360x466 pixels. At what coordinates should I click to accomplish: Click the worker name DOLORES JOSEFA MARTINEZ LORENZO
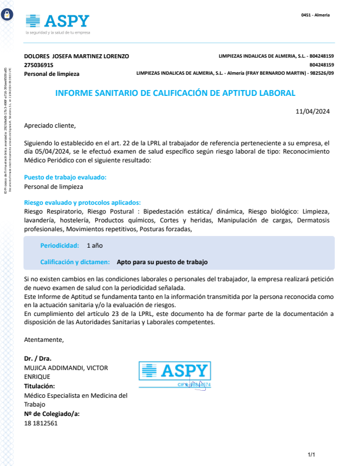tap(76, 56)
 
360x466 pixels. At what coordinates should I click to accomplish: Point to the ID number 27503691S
tap(39, 65)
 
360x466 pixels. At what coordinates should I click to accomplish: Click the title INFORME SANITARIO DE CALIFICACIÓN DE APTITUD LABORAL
tap(175, 93)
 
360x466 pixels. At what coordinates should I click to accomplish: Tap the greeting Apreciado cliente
tap(50, 125)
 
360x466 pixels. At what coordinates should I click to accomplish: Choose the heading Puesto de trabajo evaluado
tap(65, 177)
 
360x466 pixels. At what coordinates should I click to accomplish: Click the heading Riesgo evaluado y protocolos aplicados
tap(82, 202)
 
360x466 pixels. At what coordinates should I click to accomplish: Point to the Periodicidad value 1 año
tap(95, 245)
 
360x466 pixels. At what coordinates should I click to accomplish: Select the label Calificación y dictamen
tap(75, 262)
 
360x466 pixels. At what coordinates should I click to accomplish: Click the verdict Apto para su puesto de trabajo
tap(162, 262)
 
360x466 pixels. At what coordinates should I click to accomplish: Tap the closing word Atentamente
tap(44, 339)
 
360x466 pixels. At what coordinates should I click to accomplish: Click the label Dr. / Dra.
tap(38, 358)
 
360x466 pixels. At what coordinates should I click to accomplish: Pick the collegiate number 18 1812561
tap(41, 423)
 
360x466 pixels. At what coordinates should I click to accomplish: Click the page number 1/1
tap(312, 455)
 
